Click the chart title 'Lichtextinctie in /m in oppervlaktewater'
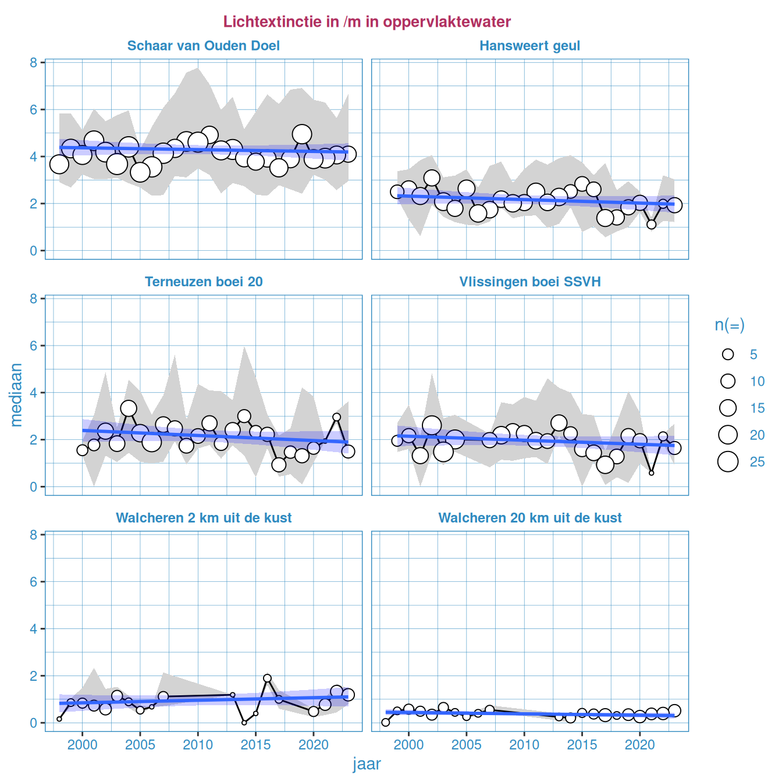pyautogui.click(x=367, y=22)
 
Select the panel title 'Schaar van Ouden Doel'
pyautogui.click(x=204, y=46)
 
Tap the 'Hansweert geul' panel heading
pyautogui.click(x=529, y=46)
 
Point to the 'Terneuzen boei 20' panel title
pyautogui.click(x=204, y=282)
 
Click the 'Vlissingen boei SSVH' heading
pyautogui.click(x=529, y=282)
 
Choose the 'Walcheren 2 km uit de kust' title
pyautogui.click(x=204, y=518)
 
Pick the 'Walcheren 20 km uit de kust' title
pyautogui.click(x=529, y=518)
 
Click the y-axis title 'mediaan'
pyautogui.click(x=16, y=394)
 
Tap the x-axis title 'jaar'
pyautogui.click(x=367, y=764)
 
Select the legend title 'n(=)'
pyautogui.click(x=730, y=325)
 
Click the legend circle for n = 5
pyautogui.click(x=728, y=354)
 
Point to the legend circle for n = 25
pyautogui.click(x=728, y=461)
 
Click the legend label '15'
pyautogui.click(x=757, y=408)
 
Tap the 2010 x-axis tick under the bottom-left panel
pyautogui.click(x=198, y=745)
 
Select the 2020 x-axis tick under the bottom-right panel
pyautogui.click(x=640, y=745)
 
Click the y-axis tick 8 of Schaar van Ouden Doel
pyautogui.click(x=34, y=63)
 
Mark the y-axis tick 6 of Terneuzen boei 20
pyautogui.click(x=34, y=346)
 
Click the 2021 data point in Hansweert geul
pyautogui.click(x=652, y=224)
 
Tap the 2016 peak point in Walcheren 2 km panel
pyautogui.click(x=267, y=678)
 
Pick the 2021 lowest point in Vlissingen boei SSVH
pyautogui.click(x=652, y=473)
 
